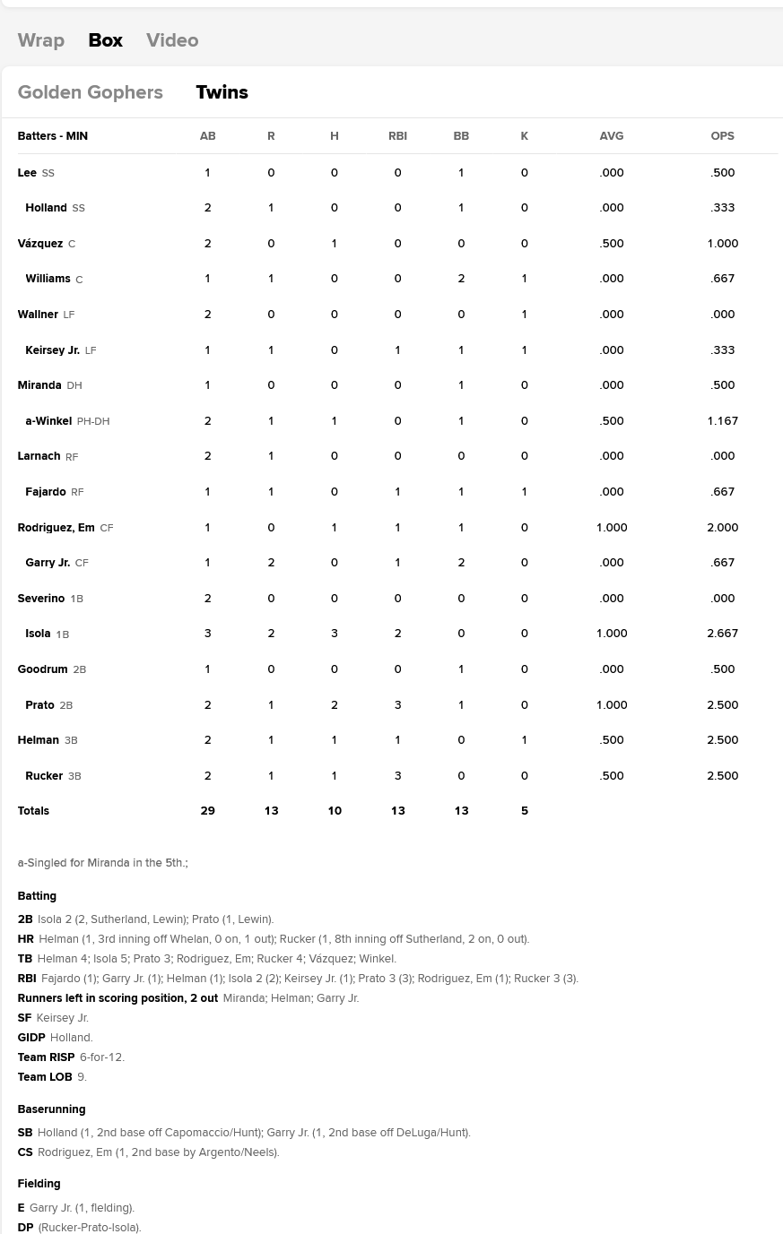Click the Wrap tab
pos(40,40)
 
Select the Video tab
pos(172,40)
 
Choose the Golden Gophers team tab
pos(90,92)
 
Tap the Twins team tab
pos(222,92)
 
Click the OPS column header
pos(722,136)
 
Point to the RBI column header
pos(397,136)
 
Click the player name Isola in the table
pos(38,634)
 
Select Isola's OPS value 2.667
pos(722,634)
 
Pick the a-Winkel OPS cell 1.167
pos(722,421)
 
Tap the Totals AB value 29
pos(207,811)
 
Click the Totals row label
pos(33,811)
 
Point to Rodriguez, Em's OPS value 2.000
pos(722,528)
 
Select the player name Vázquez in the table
pos(40,244)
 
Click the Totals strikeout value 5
pos(525,811)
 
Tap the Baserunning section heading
pos(51,1109)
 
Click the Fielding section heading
pos(39,1184)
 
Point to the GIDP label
pos(31,1038)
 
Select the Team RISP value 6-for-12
pos(101,1057)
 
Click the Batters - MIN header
pos(52,136)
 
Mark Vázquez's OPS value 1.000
pos(722,244)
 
